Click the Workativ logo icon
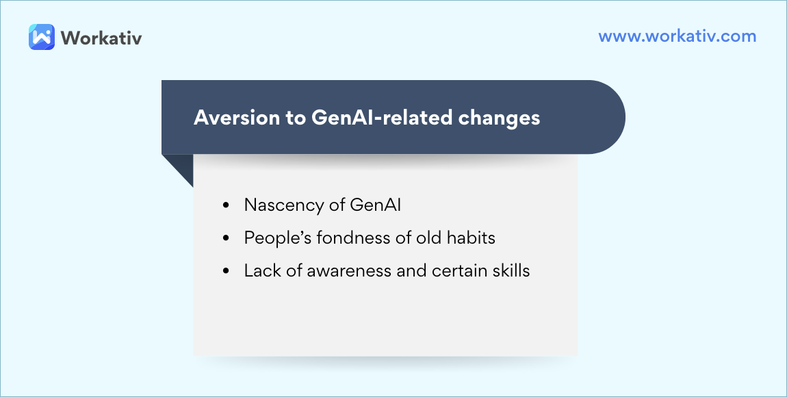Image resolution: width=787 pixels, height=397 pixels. point(42,37)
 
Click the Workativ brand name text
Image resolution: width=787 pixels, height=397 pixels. point(101,38)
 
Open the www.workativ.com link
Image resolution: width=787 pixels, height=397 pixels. point(677,36)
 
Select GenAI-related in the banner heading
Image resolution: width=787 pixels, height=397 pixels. point(381,118)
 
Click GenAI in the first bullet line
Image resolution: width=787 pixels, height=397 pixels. point(375,205)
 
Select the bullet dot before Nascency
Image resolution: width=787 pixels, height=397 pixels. point(226,205)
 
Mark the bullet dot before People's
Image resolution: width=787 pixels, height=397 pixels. point(226,238)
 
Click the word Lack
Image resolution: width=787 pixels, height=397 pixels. point(261,270)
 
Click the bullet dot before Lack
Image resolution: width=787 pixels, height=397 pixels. point(226,271)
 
